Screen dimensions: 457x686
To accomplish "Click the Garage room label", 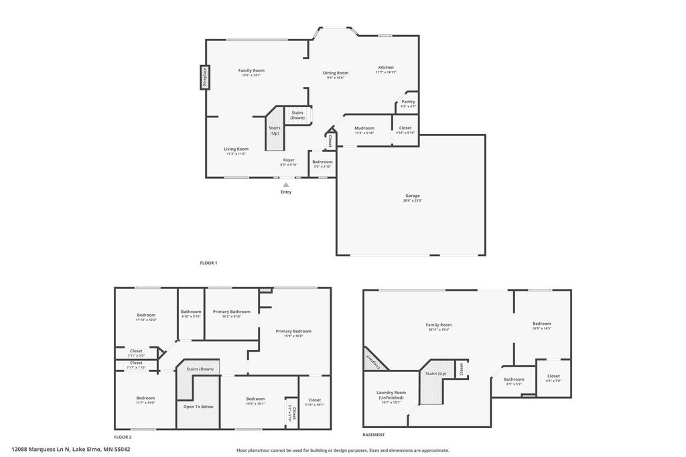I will (411, 196).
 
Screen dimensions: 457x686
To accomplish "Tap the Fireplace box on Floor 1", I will (205, 77).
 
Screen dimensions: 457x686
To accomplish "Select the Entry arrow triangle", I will (286, 184).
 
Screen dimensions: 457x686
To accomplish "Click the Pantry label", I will (408, 102).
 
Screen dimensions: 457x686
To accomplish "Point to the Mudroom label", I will (364, 128).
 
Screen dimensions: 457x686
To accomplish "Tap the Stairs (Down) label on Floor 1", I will (297, 115).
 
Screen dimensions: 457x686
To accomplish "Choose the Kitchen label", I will (386, 68).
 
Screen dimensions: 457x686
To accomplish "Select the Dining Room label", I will (336, 73).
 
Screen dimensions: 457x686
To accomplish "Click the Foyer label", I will (288, 160).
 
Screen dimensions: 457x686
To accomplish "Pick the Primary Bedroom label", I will (293, 331).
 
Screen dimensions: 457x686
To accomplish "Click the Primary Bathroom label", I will (231, 312).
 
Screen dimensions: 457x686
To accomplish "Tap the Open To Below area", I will (198, 407).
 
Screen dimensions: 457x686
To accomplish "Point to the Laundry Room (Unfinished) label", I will (391, 395).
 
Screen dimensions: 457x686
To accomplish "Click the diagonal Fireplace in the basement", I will (375, 358).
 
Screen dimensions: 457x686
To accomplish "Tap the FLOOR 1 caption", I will (208, 263).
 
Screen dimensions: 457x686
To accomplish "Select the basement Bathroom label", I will (514, 379).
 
